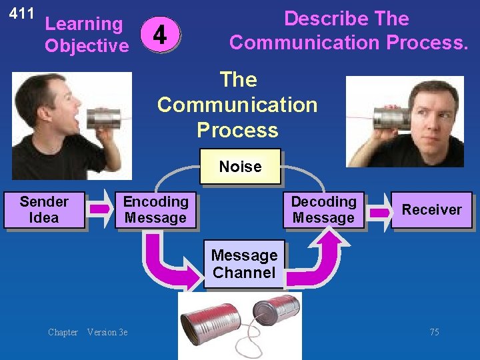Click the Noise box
tap(240, 166)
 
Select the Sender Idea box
tap(44, 210)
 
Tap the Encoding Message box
tap(155, 210)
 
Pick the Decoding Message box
tap(323, 210)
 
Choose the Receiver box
tap(431, 210)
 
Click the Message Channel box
tap(243, 264)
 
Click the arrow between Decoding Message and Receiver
tap(379, 212)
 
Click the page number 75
tap(434, 332)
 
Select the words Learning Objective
tap(86, 35)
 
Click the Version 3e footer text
tap(107, 332)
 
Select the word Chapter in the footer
tap(63, 332)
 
